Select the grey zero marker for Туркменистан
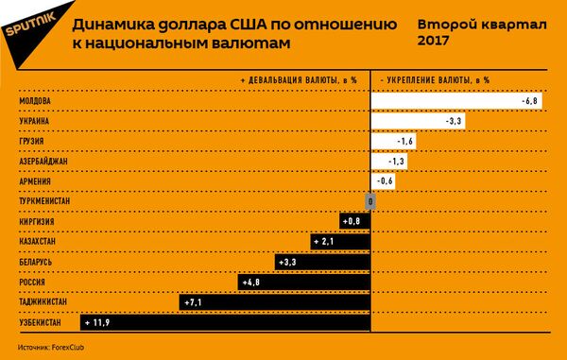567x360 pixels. (371, 201)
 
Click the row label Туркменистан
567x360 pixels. (44, 201)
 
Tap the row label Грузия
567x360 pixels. (32, 142)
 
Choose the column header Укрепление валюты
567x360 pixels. (435, 80)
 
